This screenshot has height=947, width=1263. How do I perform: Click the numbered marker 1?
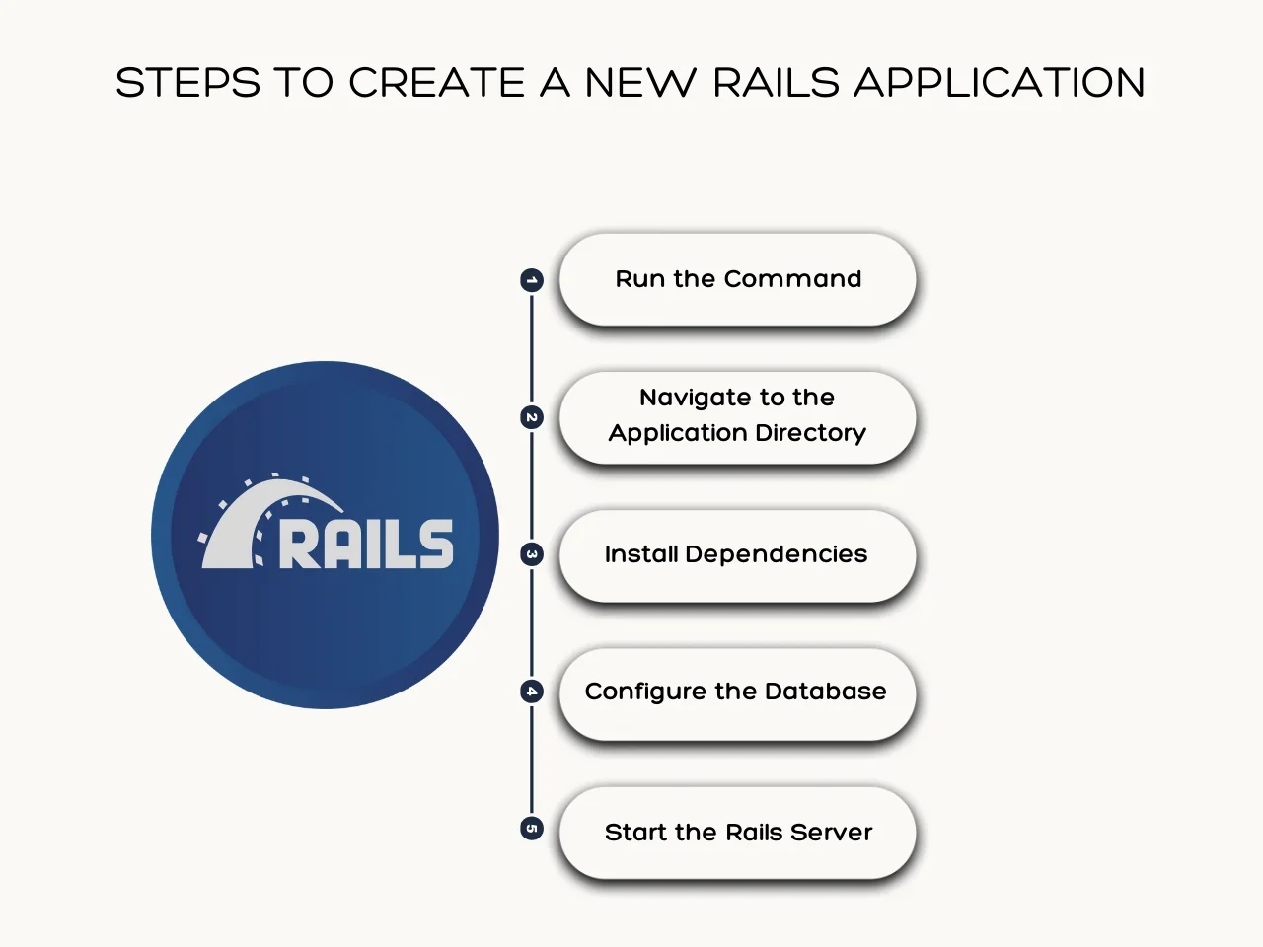(532, 280)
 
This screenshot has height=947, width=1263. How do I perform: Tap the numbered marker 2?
(532, 417)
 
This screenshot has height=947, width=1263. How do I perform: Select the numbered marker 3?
(532, 554)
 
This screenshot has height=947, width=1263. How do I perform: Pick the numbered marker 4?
(532, 692)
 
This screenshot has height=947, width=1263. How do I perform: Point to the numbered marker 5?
(532, 829)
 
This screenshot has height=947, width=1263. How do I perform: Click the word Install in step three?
(641, 554)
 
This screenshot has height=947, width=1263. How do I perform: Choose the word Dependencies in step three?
(777, 554)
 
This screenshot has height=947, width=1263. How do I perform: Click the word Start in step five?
(635, 833)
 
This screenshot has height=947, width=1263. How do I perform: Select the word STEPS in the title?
(187, 83)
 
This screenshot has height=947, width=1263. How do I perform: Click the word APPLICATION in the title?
(999, 83)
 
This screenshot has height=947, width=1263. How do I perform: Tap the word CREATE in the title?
(436, 83)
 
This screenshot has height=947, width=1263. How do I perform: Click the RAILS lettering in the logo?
(366, 544)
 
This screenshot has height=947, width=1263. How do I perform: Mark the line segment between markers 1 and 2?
(532, 348)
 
